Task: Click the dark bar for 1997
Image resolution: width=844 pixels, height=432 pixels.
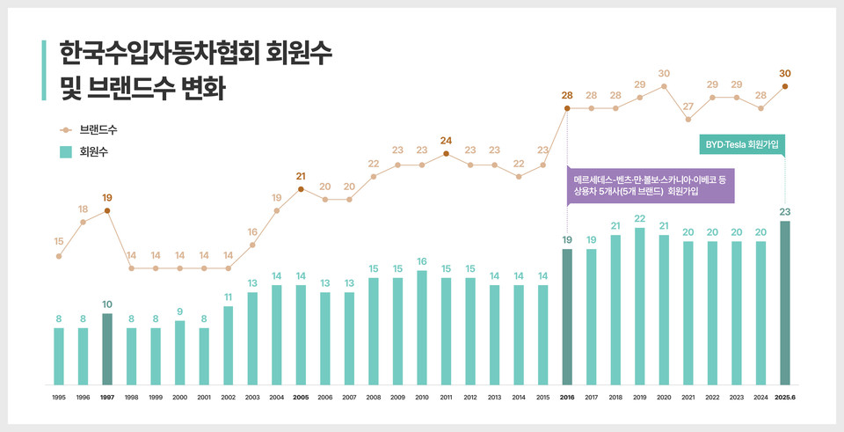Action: [x=107, y=349]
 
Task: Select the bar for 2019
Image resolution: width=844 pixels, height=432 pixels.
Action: [x=639, y=306]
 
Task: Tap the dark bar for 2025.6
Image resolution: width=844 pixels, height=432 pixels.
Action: [x=784, y=303]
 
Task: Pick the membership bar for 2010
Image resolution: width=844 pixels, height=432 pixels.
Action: [x=422, y=327]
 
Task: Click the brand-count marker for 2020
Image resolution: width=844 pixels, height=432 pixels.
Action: [x=664, y=86]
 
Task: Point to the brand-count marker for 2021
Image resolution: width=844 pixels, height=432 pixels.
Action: [x=688, y=119]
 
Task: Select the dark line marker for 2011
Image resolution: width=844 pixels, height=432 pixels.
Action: [x=446, y=153]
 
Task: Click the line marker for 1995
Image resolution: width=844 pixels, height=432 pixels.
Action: [x=59, y=256]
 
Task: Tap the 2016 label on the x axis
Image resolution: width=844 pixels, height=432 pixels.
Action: [x=567, y=398]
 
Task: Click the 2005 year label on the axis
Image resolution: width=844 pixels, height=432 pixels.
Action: [x=301, y=398]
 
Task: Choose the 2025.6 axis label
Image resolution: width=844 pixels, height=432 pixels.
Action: [x=784, y=398]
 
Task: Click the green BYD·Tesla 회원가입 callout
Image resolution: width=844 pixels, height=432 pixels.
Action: [x=743, y=143]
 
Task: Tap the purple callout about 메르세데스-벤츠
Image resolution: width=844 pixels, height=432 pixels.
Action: [x=651, y=185]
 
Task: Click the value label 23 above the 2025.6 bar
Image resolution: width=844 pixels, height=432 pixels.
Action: [x=784, y=211]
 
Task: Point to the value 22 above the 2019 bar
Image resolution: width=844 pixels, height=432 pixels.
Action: [x=639, y=218]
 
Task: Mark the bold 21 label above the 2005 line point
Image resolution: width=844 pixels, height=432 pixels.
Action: [x=301, y=176]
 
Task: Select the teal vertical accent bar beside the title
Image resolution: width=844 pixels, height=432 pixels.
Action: [x=44, y=70]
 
